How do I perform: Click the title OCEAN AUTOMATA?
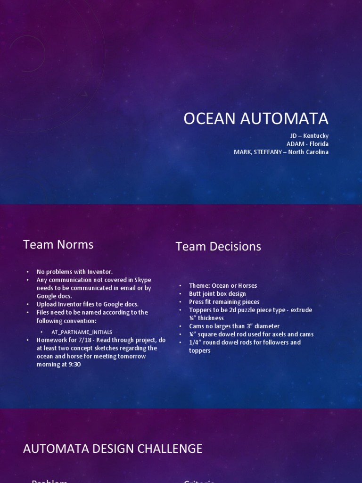(x=255, y=119)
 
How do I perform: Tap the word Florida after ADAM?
(x=319, y=144)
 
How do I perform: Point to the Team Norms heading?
(x=58, y=244)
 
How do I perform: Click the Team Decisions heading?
(x=218, y=246)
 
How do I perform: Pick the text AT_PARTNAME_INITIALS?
(x=82, y=332)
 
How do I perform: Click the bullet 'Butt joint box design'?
(x=217, y=293)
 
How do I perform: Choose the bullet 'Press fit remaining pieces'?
(x=224, y=302)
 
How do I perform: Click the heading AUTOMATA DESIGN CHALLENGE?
(x=113, y=449)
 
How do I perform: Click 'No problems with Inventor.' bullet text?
(x=74, y=272)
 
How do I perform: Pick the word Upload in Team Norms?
(x=47, y=304)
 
